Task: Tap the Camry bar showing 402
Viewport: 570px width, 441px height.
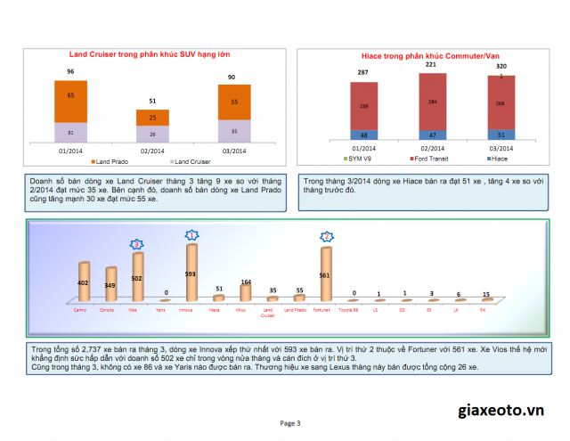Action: tap(84, 282)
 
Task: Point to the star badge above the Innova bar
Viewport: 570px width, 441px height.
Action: tap(191, 234)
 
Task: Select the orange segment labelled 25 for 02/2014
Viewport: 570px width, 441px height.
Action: tap(152, 118)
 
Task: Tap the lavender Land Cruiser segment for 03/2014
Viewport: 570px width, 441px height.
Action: tap(234, 131)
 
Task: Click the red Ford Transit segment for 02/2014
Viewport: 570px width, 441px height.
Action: tap(433, 101)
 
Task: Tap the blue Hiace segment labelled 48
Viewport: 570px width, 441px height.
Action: tap(362, 135)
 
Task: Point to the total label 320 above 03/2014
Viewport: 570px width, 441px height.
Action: tap(501, 67)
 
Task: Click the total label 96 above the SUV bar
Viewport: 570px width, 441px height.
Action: tap(70, 71)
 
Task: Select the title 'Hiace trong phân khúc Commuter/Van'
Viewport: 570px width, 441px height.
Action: tap(424, 55)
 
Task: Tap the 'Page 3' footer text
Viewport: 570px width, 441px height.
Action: tap(290, 422)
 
